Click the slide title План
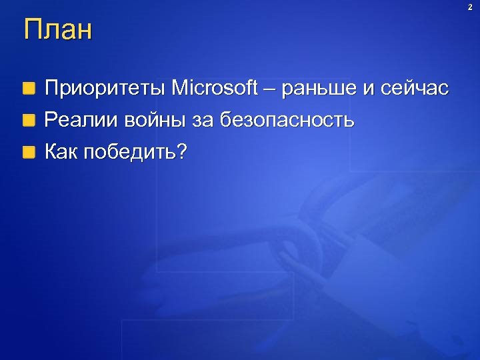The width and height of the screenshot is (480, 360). pyautogui.click(x=57, y=31)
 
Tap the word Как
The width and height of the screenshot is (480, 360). pyautogui.click(x=61, y=153)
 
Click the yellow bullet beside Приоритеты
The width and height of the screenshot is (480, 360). pyautogui.click(x=28, y=88)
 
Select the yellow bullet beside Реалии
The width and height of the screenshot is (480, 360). pyautogui.click(x=28, y=121)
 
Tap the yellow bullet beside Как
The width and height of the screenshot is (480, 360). pyautogui.click(x=28, y=153)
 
